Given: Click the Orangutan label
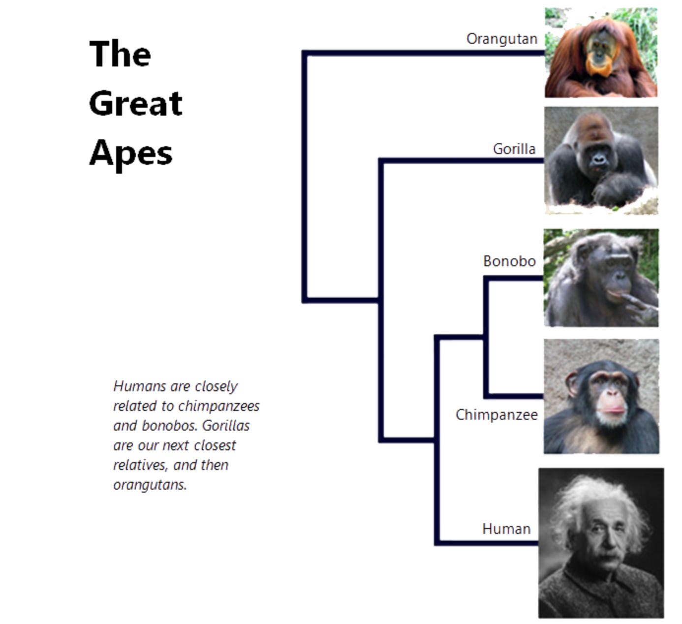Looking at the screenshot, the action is (502, 39).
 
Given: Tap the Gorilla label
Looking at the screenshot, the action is (514, 149).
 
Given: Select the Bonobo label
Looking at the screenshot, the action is (509, 261).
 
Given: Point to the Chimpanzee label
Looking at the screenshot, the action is (496, 415).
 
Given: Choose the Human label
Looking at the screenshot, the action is (506, 529).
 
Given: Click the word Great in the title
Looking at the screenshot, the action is (136, 103).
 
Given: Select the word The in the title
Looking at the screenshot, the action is (120, 53).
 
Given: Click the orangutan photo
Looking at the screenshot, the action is (601, 53).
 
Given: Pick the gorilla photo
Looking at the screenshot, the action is (601, 160).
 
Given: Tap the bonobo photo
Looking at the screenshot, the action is (601, 278).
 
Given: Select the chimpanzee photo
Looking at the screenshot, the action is (601, 397).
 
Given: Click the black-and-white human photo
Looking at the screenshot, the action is (601, 543).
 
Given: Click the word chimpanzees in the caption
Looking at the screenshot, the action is (218, 406).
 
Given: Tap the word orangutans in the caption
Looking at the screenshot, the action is (150, 485).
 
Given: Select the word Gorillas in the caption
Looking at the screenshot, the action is (226, 425).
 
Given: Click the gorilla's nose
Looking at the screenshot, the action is (599, 158).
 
